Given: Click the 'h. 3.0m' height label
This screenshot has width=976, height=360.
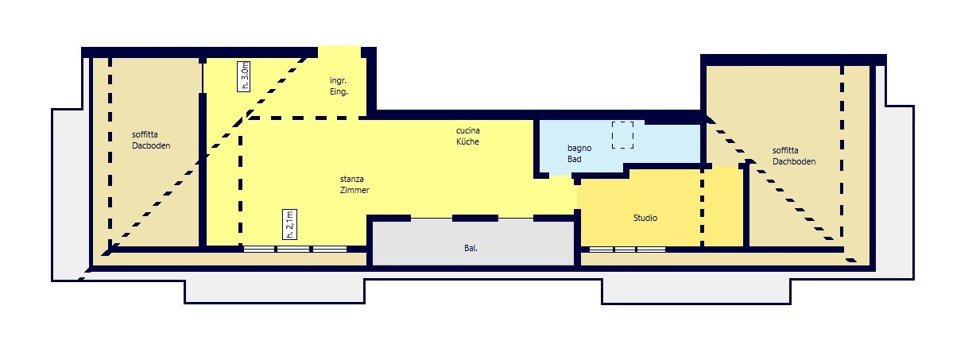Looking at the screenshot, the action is pyautogui.click(x=243, y=76).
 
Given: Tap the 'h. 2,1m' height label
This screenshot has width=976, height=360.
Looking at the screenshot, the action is pyautogui.click(x=290, y=224).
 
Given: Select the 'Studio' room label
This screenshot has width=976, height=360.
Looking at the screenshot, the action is pyautogui.click(x=645, y=218).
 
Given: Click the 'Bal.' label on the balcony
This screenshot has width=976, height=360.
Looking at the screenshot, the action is pyautogui.click(x=471, y=249).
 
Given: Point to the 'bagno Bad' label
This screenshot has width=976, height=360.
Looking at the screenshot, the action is pyautogui.click(x=579, y=153).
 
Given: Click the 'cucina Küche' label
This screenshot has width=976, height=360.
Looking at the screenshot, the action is pyautogui.click(x=467, y=136).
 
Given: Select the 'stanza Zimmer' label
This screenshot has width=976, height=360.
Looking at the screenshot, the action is pyautogui.click(x=354, y=184).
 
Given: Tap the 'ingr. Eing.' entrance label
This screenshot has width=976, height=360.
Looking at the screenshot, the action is pyautogui.click(x=339, y=86).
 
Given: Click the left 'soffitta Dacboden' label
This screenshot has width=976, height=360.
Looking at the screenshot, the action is pyautogui.click(x=151, y=140).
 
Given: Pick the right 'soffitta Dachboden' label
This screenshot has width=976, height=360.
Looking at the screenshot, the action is pyautogui.click(x=794, y=156).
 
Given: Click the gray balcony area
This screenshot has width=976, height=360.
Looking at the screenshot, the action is pyautogui.click(x=473, y=243).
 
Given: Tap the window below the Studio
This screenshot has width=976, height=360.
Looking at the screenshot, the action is pyautogui.click(x=627, y=250).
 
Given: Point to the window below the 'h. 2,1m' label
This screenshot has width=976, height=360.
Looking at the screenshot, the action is pyautogui.click(x=295, y=250).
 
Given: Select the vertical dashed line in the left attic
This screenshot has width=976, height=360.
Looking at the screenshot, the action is pyautogui.click(x=110, y=153).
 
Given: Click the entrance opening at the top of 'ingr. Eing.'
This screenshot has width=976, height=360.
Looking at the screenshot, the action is pyautogui.click(x=339, y=52).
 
